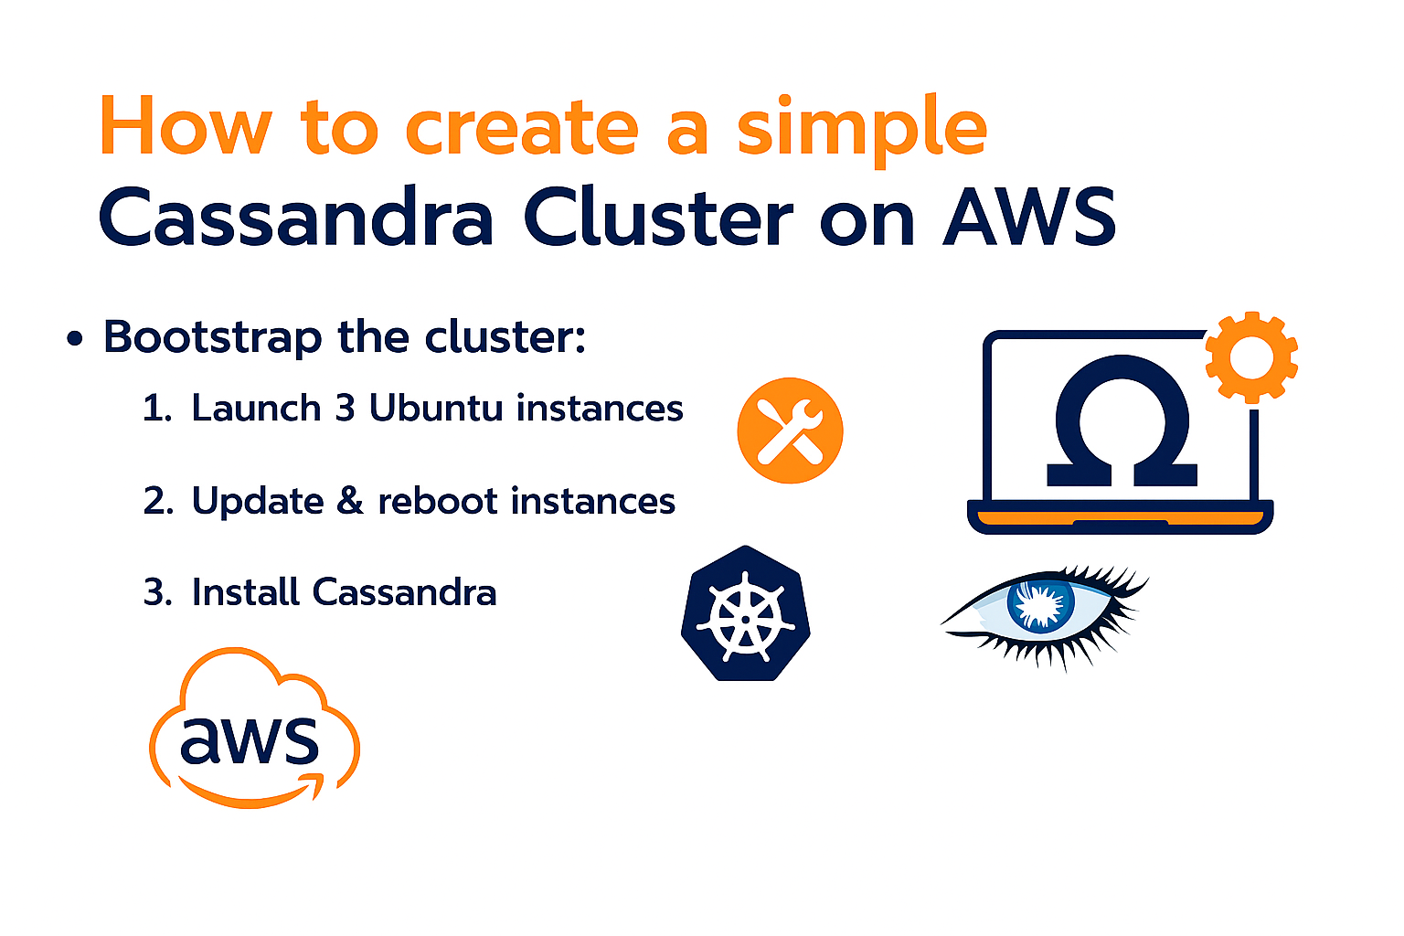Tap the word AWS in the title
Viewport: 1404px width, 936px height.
(x=1029, y=218)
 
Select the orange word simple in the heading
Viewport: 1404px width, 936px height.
(x=861, y=128)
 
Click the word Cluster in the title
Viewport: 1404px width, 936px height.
(x=658, y=218)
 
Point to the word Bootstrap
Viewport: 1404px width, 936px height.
(x=211, y=337)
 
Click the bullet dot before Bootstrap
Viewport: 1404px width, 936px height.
(x=75, y=340)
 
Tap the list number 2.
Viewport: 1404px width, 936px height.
(x=156, y=501)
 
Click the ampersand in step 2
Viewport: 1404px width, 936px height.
(x=350, y=501)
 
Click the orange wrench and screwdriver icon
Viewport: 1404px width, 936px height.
(x=790, y=431)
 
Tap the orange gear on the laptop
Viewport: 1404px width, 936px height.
(x=1251, y=357)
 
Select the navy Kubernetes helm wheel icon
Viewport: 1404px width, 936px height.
(x=745, y=614)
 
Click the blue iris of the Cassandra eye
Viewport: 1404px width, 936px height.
(x=1040, y=604)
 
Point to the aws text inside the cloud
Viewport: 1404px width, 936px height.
(x=250, y=739)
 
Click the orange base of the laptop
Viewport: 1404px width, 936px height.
(x=1120, y=519)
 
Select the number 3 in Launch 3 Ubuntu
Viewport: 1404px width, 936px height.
(x=345, y=408)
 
